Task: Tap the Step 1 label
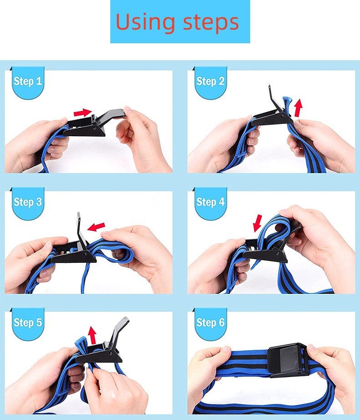pyautogui.click(x=28, y=81)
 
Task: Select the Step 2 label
pyautogui.click(x=210, y=81)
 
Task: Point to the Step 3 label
pyautogui.click(x=28, y=202)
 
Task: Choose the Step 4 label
pyautogui.click(x=210, y=202)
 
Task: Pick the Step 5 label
pyautogui.click(x=28, y=322)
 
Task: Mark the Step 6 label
pyautogui.click(x=210, y=322)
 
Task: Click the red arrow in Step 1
pyautogui.click(x=83, y=113)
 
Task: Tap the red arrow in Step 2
pyautogui.click(x=298, y=108)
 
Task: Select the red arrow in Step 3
pyautogui.click(x=97, y=227)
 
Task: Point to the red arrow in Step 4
pyautogui.click(x=257, y=223)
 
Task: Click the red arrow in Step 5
pyautogui.click(x=92, y=335)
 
